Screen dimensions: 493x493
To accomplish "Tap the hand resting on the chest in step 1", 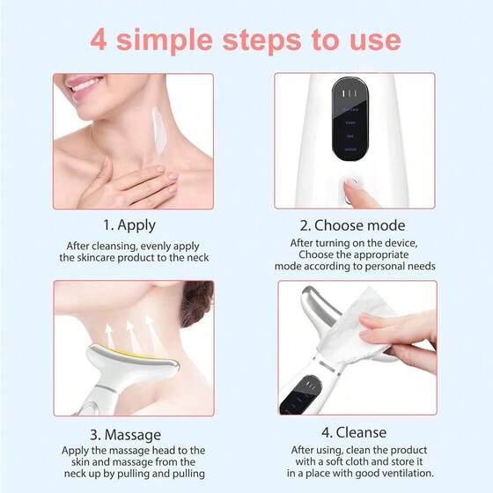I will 132,185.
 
